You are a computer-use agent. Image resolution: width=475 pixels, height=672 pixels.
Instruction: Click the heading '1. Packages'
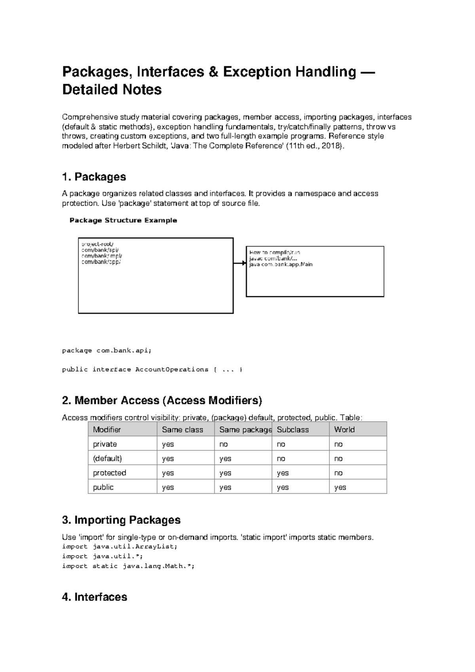pyautogui.click(x=94, y=177)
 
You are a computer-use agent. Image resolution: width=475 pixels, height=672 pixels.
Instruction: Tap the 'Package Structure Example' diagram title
pyautogui.click(x=123, y=220)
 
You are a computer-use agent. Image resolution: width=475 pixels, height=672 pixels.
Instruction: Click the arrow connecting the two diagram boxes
pyautogui.click(x=240, y=263)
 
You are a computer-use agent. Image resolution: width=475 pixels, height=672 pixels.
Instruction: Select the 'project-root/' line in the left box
pyautogui.click(x=97, y=244)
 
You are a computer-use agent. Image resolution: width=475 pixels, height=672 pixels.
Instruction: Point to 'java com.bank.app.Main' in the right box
pyautogui.click(x=281, y=264)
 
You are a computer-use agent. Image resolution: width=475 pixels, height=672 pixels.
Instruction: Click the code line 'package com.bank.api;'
pyautogui.click(x=106, y=350)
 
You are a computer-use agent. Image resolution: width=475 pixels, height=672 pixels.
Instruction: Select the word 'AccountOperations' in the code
pyautogui.click(x=172, y=369)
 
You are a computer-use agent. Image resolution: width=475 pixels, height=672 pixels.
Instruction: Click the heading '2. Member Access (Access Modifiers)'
pyautogui.click(x=162, y=401)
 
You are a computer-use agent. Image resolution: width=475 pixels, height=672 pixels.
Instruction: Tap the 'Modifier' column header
pyautogui.click(x=106, y=430)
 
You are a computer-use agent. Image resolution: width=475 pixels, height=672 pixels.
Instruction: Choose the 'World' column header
pyautogui.click(x=344, y=430)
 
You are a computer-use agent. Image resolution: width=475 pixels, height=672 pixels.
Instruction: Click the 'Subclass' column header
pyautogui.click(x=293, y=430)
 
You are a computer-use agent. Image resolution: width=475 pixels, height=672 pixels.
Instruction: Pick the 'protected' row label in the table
pyautogui.click(x=109, y=473)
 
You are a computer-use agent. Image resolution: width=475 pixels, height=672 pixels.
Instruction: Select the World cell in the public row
pyautogui.click(x=340, y=487)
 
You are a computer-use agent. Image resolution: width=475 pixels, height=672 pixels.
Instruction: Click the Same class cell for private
pyautogui.click(x=168, y=444)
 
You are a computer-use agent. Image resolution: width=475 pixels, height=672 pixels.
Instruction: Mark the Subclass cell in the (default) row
pyautogui.click(x=281, y=458)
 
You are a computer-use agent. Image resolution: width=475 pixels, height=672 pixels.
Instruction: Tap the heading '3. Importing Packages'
pyautogui.click(x=121, y=520)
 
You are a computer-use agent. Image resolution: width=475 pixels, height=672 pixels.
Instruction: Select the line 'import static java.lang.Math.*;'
pyautogui.click(x=128, y=566)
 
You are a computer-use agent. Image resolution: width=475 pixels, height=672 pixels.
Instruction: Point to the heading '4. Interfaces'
pyautogui.click(x=95, y=597)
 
